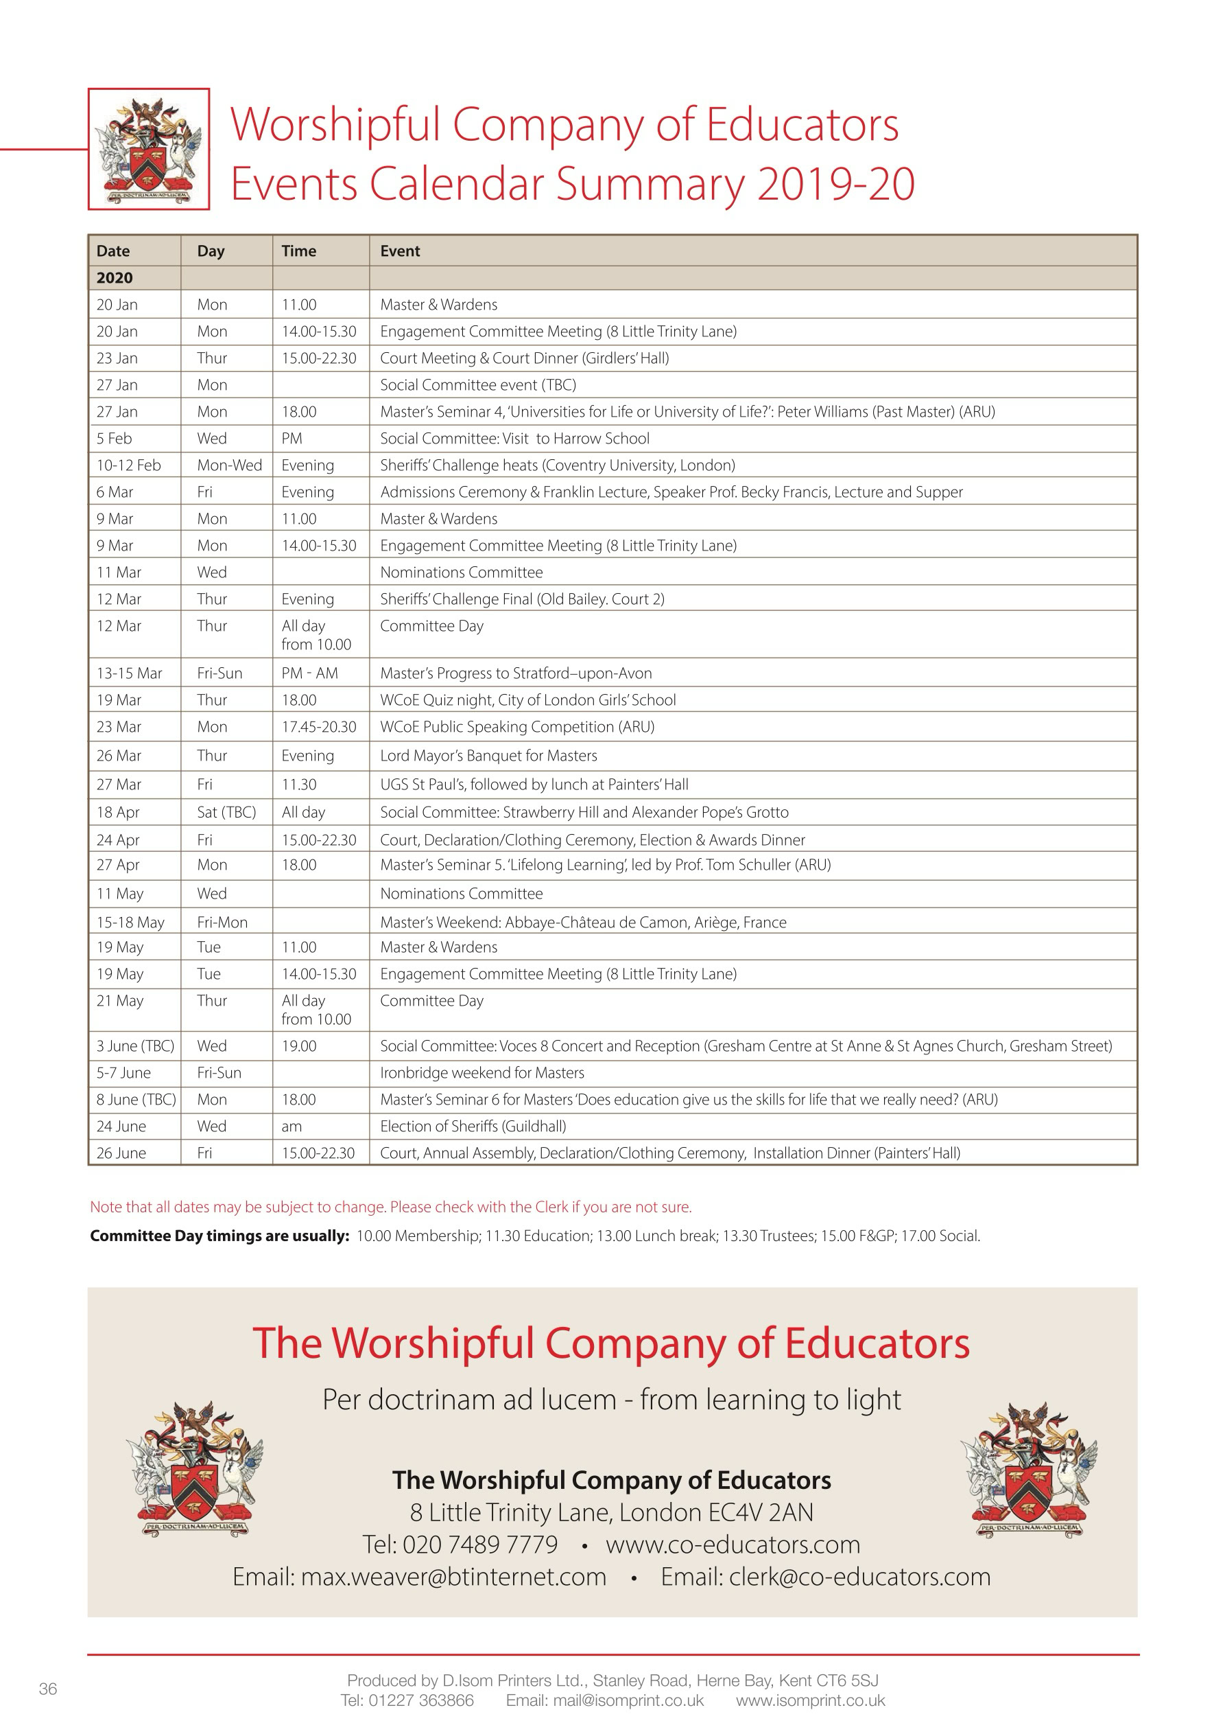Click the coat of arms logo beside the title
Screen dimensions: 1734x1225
[149, 149]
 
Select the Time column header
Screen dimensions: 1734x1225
[299, 251]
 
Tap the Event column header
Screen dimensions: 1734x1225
[400, 251]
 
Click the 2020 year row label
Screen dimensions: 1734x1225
[115, 278]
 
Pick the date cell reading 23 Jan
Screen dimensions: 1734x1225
[117, 358]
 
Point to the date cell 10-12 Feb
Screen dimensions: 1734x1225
[128, 465]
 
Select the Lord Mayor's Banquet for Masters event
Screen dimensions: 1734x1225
[488, 756]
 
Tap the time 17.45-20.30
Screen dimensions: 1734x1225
[318, 727]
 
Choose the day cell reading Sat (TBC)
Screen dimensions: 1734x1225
[226, 813]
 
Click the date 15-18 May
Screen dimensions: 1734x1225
[130, 922]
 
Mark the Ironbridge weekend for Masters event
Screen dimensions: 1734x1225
[481, 1073]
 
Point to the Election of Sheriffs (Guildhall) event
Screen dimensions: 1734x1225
[473, 1126]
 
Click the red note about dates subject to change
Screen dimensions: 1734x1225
[390, 1207]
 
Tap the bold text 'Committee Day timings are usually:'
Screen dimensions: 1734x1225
[219, 1236]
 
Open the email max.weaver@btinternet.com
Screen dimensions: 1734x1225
[453, 1577]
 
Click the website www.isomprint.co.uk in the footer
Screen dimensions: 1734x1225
[810, 1701]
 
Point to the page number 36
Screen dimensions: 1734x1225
[47, 1689]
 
